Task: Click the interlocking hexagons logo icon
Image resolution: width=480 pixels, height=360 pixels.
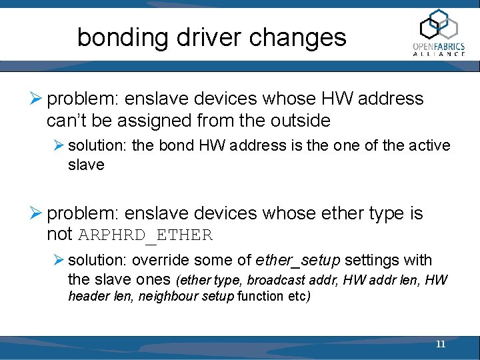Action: click(x=439, y=25)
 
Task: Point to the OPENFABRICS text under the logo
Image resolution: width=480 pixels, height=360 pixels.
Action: click(x=439, y=46)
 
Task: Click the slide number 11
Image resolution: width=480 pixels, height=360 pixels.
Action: click(x=440, y=345)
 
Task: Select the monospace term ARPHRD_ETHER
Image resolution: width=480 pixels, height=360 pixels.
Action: click(x=145, y=235)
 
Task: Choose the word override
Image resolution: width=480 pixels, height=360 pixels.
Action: click(x=157, y=260)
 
